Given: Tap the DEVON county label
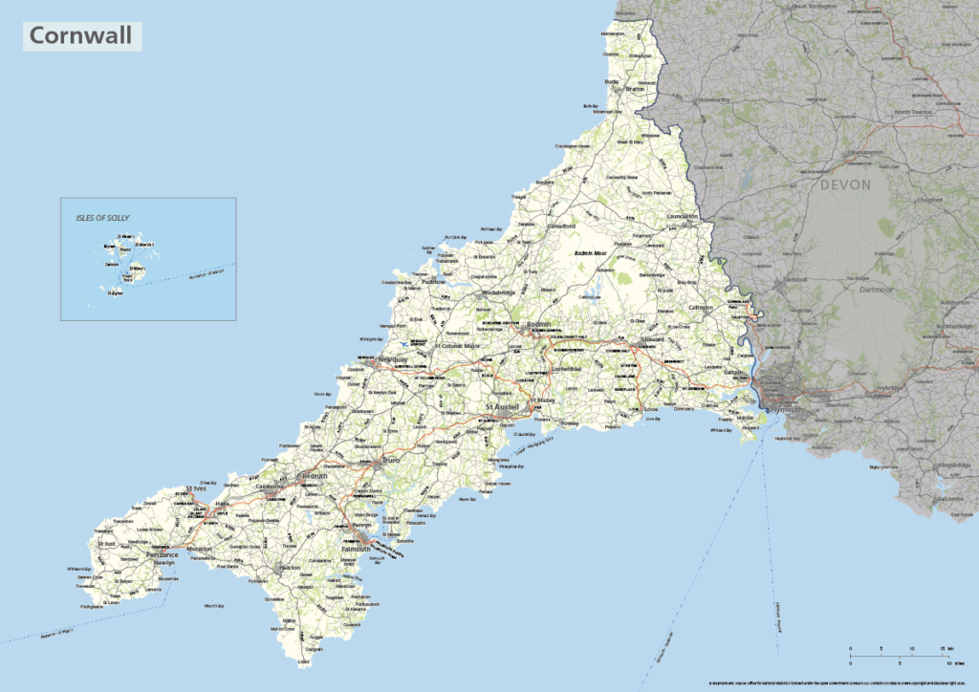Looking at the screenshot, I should (845, 185).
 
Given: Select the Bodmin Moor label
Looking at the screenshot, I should (590, 253).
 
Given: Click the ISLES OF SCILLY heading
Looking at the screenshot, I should (102, 218).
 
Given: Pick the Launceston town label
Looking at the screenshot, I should (684, 217).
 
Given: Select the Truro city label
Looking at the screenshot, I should (390, 461).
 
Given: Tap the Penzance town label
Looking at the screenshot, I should (162, 554).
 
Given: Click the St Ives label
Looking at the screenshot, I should (196, 489).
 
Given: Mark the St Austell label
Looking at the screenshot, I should (502, 407).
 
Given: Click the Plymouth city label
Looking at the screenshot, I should (786, 409).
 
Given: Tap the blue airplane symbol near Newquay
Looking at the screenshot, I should (405, 342).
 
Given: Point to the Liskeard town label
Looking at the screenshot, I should (653, 339).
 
